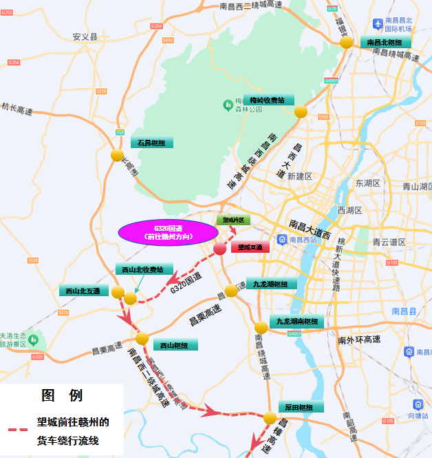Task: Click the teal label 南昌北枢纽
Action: tap(385, 42)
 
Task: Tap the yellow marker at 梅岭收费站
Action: tap(301, 112)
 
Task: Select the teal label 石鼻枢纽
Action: tap(151, 143)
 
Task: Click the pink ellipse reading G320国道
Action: tap(168, 232)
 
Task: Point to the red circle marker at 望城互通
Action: tap(219, 249)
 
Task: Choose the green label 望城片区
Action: tap(235, 220)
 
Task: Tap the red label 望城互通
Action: tap(250, 247)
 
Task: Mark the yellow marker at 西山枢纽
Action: tap(142, 338)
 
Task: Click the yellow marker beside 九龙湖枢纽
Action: tap(231, 291)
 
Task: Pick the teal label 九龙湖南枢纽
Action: tap(297, 322)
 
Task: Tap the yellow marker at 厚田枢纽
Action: tap(270, 417)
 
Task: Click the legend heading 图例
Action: tap(62, 395)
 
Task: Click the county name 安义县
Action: tap(85, 37)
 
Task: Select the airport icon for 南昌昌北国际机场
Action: tap(377, 23)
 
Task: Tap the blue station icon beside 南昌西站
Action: tap(282, 239)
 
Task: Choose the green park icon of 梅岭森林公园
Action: tap(228, 104)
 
